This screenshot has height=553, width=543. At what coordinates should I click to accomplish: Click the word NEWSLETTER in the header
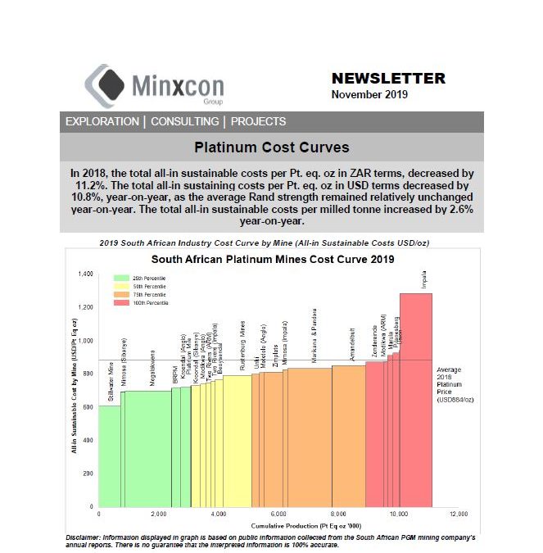(x=388, y=79)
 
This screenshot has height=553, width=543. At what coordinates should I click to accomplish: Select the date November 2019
(x=369, y=94)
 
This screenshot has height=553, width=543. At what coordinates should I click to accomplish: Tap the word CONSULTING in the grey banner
(x=185, y=121)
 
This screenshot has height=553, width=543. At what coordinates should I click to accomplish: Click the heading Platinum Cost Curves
(x=271, y=148)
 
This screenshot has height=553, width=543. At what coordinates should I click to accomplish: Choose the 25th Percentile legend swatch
(x=120, y=279)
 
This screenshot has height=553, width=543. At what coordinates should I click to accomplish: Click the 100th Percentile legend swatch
(x=120, y=303)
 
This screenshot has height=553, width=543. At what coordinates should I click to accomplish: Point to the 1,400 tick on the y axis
(x=85, y=273)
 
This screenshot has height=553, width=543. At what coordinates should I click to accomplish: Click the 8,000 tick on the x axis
(x=338, y=514)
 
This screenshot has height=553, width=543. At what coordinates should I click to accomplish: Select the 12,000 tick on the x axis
(x=459, y=514)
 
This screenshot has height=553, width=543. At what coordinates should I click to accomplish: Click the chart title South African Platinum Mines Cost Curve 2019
(x=273, y=259)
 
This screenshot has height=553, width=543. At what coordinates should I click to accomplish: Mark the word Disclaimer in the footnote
(x=82, y=537)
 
